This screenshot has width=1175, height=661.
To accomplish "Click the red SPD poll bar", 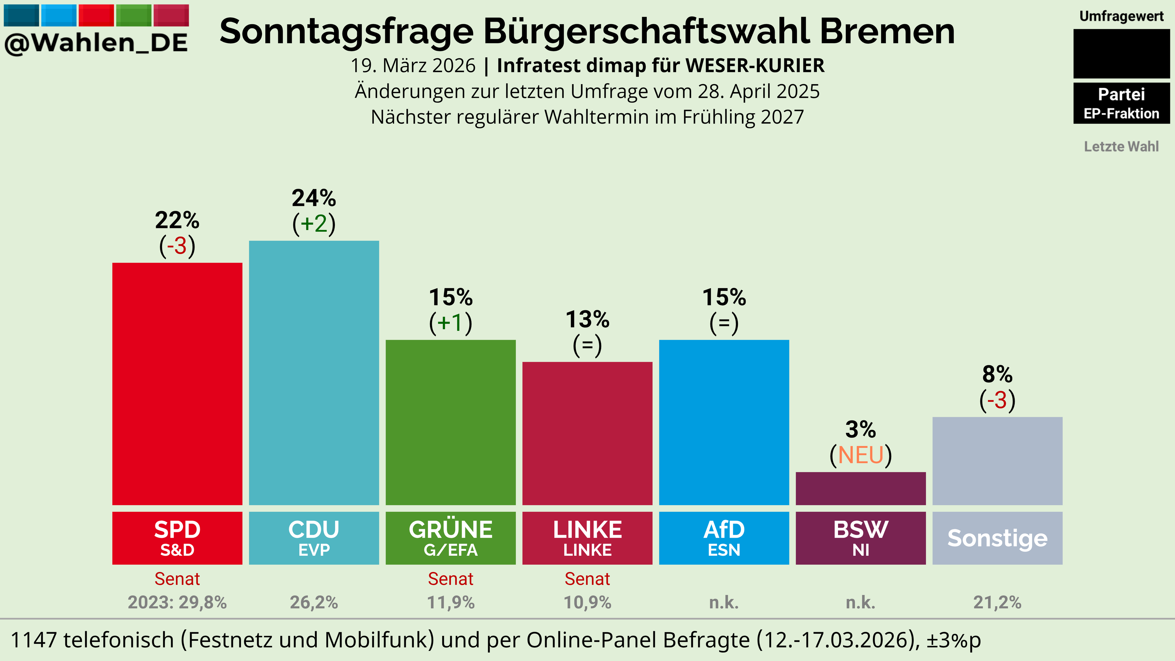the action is coord(177,384).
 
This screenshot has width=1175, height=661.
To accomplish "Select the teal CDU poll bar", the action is coord(314,373).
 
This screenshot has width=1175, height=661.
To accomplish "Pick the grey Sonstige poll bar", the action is coord(997,461).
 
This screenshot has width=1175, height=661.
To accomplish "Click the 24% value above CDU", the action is coord(314,198).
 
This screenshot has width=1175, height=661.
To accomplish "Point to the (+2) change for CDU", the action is coord(314,223).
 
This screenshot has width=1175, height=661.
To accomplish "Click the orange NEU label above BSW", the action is coord(861,455).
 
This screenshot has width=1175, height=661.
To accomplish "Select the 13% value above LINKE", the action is coord(588,319).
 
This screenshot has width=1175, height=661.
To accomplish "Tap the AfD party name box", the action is coord(724,538).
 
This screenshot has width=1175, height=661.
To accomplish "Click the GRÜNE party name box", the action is coord(451,538).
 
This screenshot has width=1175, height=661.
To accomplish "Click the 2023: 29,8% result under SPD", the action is coord(177,602).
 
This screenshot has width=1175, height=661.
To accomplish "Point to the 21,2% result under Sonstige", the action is coord(997,602).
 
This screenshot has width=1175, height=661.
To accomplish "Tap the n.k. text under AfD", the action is coord(724,602).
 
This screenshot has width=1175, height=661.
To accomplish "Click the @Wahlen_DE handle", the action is coord(96,43).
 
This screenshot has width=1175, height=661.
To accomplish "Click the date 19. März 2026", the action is coord(413,66).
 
